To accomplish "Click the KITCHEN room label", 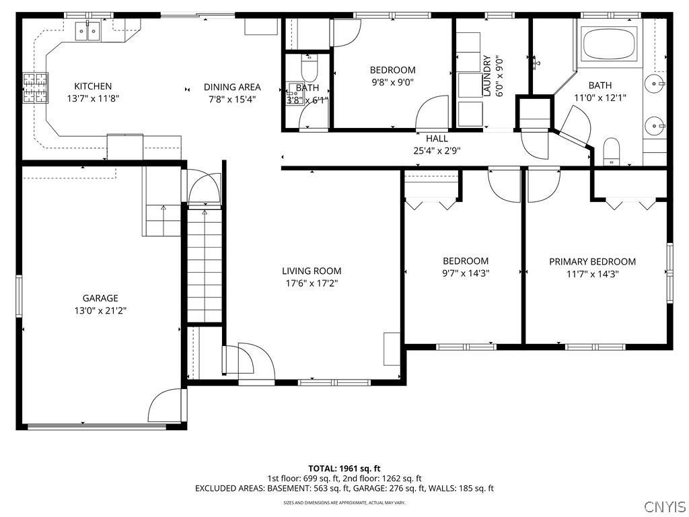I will pyautogui.click(x=93, y=86).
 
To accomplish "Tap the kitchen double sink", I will pyautogui.click(x=87, y=30).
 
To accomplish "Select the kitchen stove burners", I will pyautogui.click(x=36, y=88).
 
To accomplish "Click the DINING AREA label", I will pyautogui.click(x=232, y=87).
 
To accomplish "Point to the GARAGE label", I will pyautogui.click(x=100, y=298).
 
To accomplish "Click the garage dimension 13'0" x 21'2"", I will pyautogui.click(x=100, y=310).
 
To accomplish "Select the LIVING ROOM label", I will pyautogui.click(x=312, y=271).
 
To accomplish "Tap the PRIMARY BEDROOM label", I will pyautogui.click(x=592, y=262).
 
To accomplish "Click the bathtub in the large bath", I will pyautogui.click(x=610, y=44).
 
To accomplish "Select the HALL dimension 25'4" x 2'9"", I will pyautogui.click(x=437, y=151).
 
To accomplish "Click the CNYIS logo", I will pyautogui.click(x=664, y=506).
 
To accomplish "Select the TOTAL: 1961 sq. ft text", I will pyautogui.click(x=344, y=468).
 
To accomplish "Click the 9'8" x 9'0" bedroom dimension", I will pyautogui.click(x=392, y=82).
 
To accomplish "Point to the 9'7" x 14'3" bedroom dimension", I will pyautogui.click(x=465, y=273).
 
